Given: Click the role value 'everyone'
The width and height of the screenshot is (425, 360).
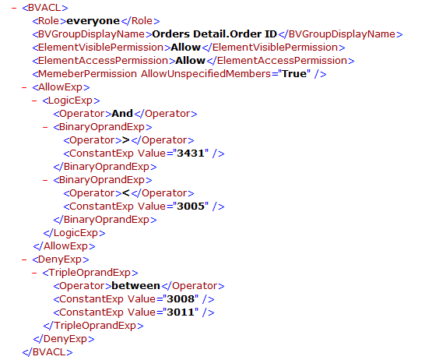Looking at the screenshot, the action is coord(93,21).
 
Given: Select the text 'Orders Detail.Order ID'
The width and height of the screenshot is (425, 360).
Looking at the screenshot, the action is coord(214,34).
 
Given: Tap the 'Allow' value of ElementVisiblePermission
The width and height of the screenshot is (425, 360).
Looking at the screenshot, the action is coord(186,48).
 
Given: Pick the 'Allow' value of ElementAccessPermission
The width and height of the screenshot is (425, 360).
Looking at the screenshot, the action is coord(190,61).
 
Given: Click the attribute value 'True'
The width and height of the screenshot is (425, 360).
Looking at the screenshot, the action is coord(294,74).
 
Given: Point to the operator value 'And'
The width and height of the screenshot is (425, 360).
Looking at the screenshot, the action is coord(122,114).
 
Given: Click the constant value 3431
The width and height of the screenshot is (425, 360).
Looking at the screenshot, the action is coord(191,154).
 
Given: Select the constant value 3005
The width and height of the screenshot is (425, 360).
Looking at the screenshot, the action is coord(191,206).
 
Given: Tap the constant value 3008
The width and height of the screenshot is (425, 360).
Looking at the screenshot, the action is coord(181,299).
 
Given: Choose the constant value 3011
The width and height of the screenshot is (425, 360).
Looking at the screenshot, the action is coord(181,312).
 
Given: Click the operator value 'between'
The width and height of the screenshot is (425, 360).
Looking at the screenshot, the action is coord(135,286).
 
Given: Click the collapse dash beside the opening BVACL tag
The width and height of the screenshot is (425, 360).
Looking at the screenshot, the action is coord(14,8).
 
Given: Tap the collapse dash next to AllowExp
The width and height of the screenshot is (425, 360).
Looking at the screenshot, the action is coord(24,87).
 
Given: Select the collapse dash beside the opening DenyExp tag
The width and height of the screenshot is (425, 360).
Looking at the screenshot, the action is coord(24,259).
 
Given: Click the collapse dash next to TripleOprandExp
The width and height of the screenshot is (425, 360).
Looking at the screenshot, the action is coord(34,273).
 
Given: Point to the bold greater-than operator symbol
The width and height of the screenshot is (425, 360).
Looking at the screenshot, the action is coord(126,140).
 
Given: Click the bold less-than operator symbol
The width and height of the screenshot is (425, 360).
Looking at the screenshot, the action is coord(126,193).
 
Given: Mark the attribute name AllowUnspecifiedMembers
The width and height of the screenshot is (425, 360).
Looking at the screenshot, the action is coord(205,74).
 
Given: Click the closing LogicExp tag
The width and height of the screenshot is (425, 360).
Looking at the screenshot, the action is coord(74,233).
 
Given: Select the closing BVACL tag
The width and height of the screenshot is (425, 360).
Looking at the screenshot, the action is coord(47,352).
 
